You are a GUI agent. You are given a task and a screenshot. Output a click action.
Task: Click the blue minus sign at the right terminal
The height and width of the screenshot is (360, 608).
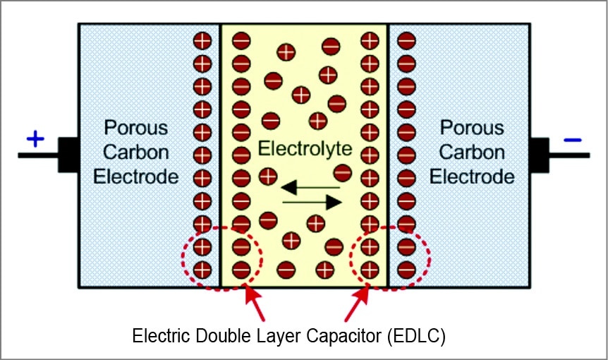[573, 140]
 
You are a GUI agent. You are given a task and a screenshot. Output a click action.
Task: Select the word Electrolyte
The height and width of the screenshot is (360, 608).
[304, 149]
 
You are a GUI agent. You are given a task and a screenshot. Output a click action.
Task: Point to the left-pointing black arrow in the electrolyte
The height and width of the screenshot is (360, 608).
[310, 188]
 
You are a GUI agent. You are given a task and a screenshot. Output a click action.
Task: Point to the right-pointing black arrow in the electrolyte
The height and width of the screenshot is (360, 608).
[312, 203]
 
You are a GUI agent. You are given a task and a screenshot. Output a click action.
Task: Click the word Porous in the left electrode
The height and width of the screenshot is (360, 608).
[136, 128]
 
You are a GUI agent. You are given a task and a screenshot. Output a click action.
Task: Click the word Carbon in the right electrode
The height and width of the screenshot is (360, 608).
[472, 152]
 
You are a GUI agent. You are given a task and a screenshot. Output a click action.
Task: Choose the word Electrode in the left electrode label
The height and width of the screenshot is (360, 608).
[136, 176]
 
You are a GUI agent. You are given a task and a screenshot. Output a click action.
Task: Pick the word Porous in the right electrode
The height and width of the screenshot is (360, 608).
[472, 128]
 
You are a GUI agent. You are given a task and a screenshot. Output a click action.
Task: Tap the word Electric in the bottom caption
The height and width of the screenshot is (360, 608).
[157, 336]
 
